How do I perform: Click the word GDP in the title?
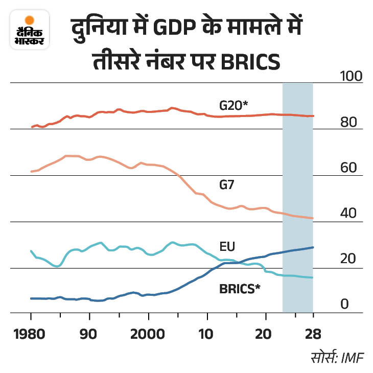click(171, 31)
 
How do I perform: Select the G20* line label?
click(234, 106)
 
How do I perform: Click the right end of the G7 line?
click(313, 218)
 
